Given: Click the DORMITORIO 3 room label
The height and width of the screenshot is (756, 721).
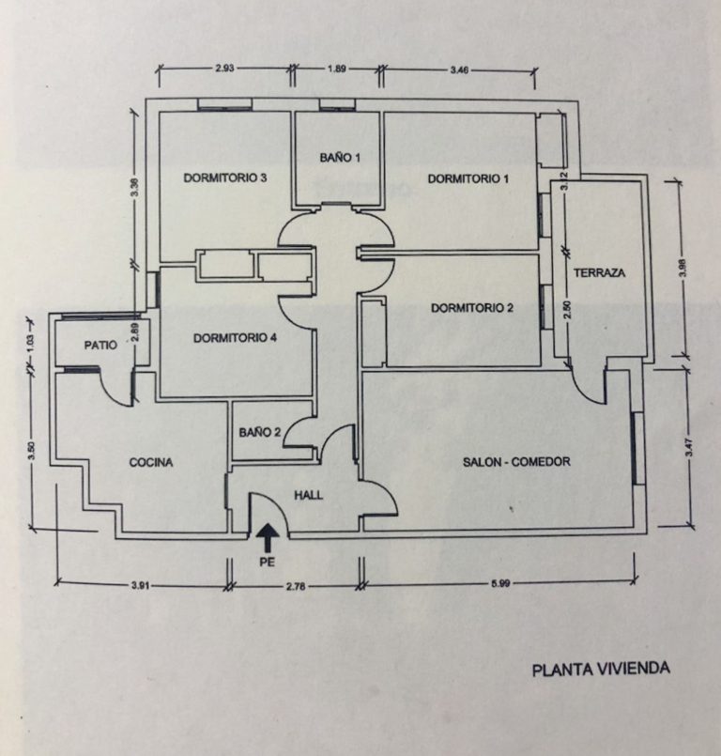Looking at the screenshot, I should click(226, 177).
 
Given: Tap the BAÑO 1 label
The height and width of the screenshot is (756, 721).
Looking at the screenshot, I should click(339, 158).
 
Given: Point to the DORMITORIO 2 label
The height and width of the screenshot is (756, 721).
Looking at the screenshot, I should click(472, 307).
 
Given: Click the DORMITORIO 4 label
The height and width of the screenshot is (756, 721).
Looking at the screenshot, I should click(235, 338).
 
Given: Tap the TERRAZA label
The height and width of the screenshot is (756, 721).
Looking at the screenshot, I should click(599, 273).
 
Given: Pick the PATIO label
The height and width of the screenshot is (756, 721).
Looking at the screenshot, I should click(100, 345).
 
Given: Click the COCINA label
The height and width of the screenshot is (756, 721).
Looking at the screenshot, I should click(151, 462).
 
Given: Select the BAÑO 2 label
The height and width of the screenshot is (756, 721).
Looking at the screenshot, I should click(260, 433).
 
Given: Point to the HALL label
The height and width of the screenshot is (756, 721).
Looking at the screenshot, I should click(309, 495).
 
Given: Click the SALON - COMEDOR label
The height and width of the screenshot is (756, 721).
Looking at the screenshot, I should click(516, 462).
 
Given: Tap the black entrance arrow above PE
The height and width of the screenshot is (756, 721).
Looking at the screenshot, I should click(268, 537).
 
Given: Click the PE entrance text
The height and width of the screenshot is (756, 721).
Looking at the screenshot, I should click(268, 563).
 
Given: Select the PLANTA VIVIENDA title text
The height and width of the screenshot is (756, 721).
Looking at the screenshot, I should click(601, 670).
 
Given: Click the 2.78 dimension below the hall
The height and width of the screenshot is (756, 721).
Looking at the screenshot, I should click(294, 586).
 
